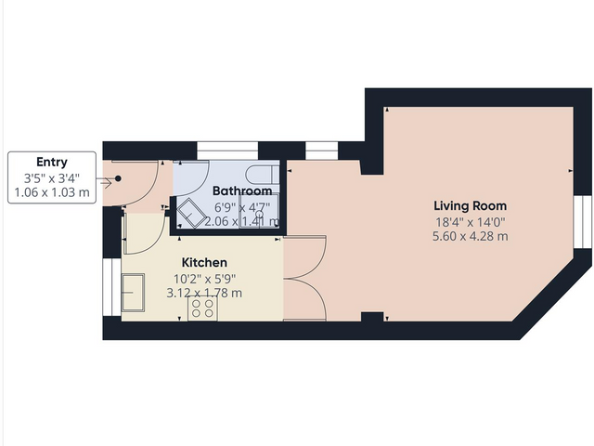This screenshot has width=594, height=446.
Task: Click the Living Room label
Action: (x=471, y=205)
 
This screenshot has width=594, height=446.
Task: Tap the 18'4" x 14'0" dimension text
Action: (x=471, y=221)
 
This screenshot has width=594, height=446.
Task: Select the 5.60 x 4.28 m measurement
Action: (x=471, y=237)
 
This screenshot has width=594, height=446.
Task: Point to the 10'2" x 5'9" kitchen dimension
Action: (x=204, y=277)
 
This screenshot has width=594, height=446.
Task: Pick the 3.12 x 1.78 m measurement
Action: (x=204, y=293)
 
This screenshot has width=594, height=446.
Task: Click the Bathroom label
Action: (x=229, y=190)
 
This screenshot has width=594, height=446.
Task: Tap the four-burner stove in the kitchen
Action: (x=202, y=308)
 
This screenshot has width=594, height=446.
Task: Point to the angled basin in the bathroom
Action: (x=193, y=212)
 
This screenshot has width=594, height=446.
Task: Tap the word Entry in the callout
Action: (x=52, y=162)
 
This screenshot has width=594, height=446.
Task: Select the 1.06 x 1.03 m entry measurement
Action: (x=52, y=192)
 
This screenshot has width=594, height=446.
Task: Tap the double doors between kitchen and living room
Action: (x=304, y=279)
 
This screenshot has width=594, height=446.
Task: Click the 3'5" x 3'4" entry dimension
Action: (x=52, y=177)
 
